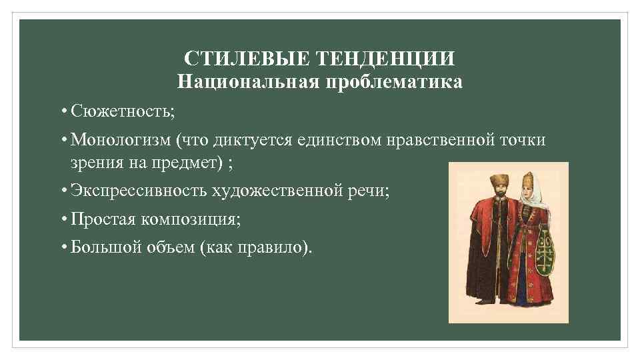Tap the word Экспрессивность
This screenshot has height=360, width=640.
point(139,192)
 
